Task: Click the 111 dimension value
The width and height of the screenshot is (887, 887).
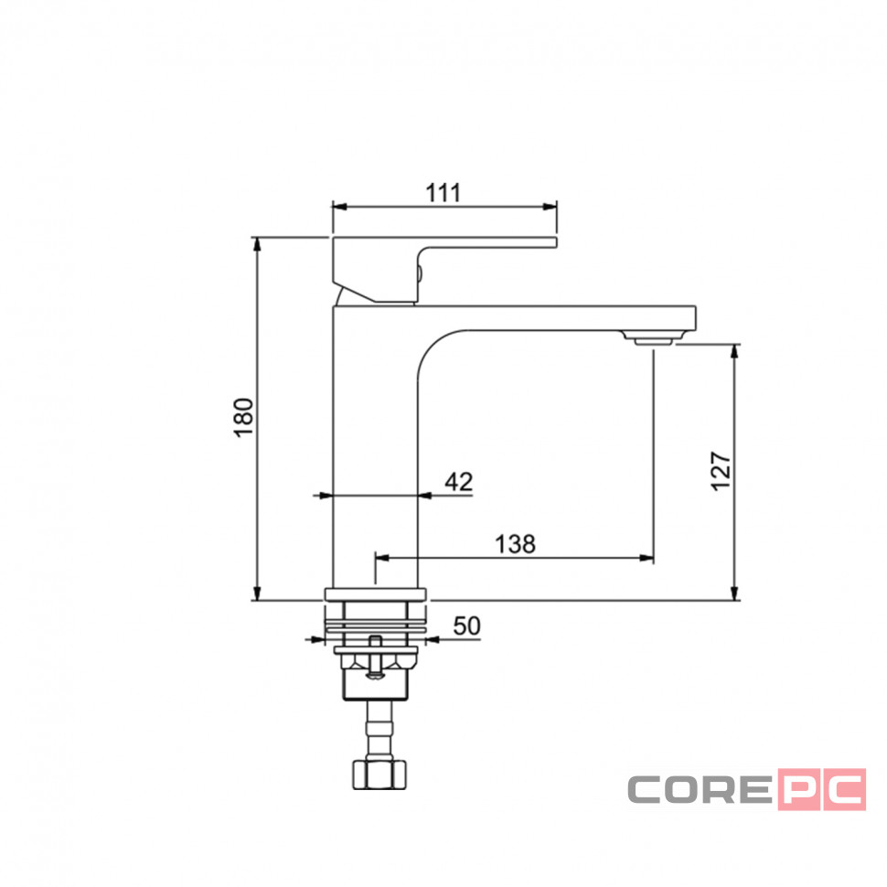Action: (x=443, y=193)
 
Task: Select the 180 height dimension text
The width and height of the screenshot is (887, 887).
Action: (x=244, y=418)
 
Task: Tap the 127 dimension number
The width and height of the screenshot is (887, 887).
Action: (x=721, y=471)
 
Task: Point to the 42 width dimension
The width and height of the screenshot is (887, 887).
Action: (x=458, y=482)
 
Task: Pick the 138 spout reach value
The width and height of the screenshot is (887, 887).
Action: (x=515, y=544)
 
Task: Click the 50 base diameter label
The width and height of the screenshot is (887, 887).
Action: (x=466, y=626)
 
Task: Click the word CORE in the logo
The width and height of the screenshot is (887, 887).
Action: (x=700, y=789)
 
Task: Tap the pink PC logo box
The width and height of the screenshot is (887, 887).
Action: (x=822, y=789)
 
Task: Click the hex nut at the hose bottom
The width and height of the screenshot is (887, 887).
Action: (x=379, y=775)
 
